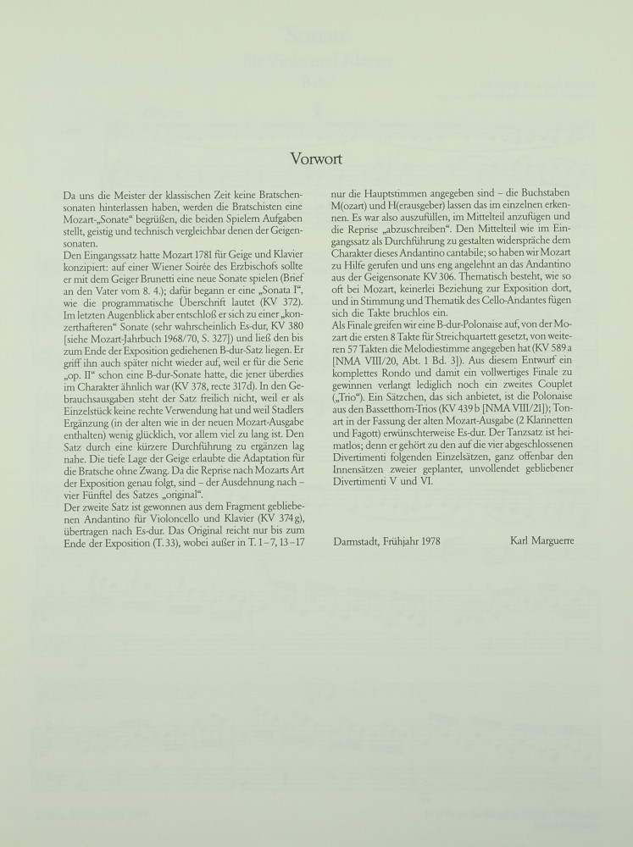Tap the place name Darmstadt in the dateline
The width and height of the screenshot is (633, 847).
[355, 540]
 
